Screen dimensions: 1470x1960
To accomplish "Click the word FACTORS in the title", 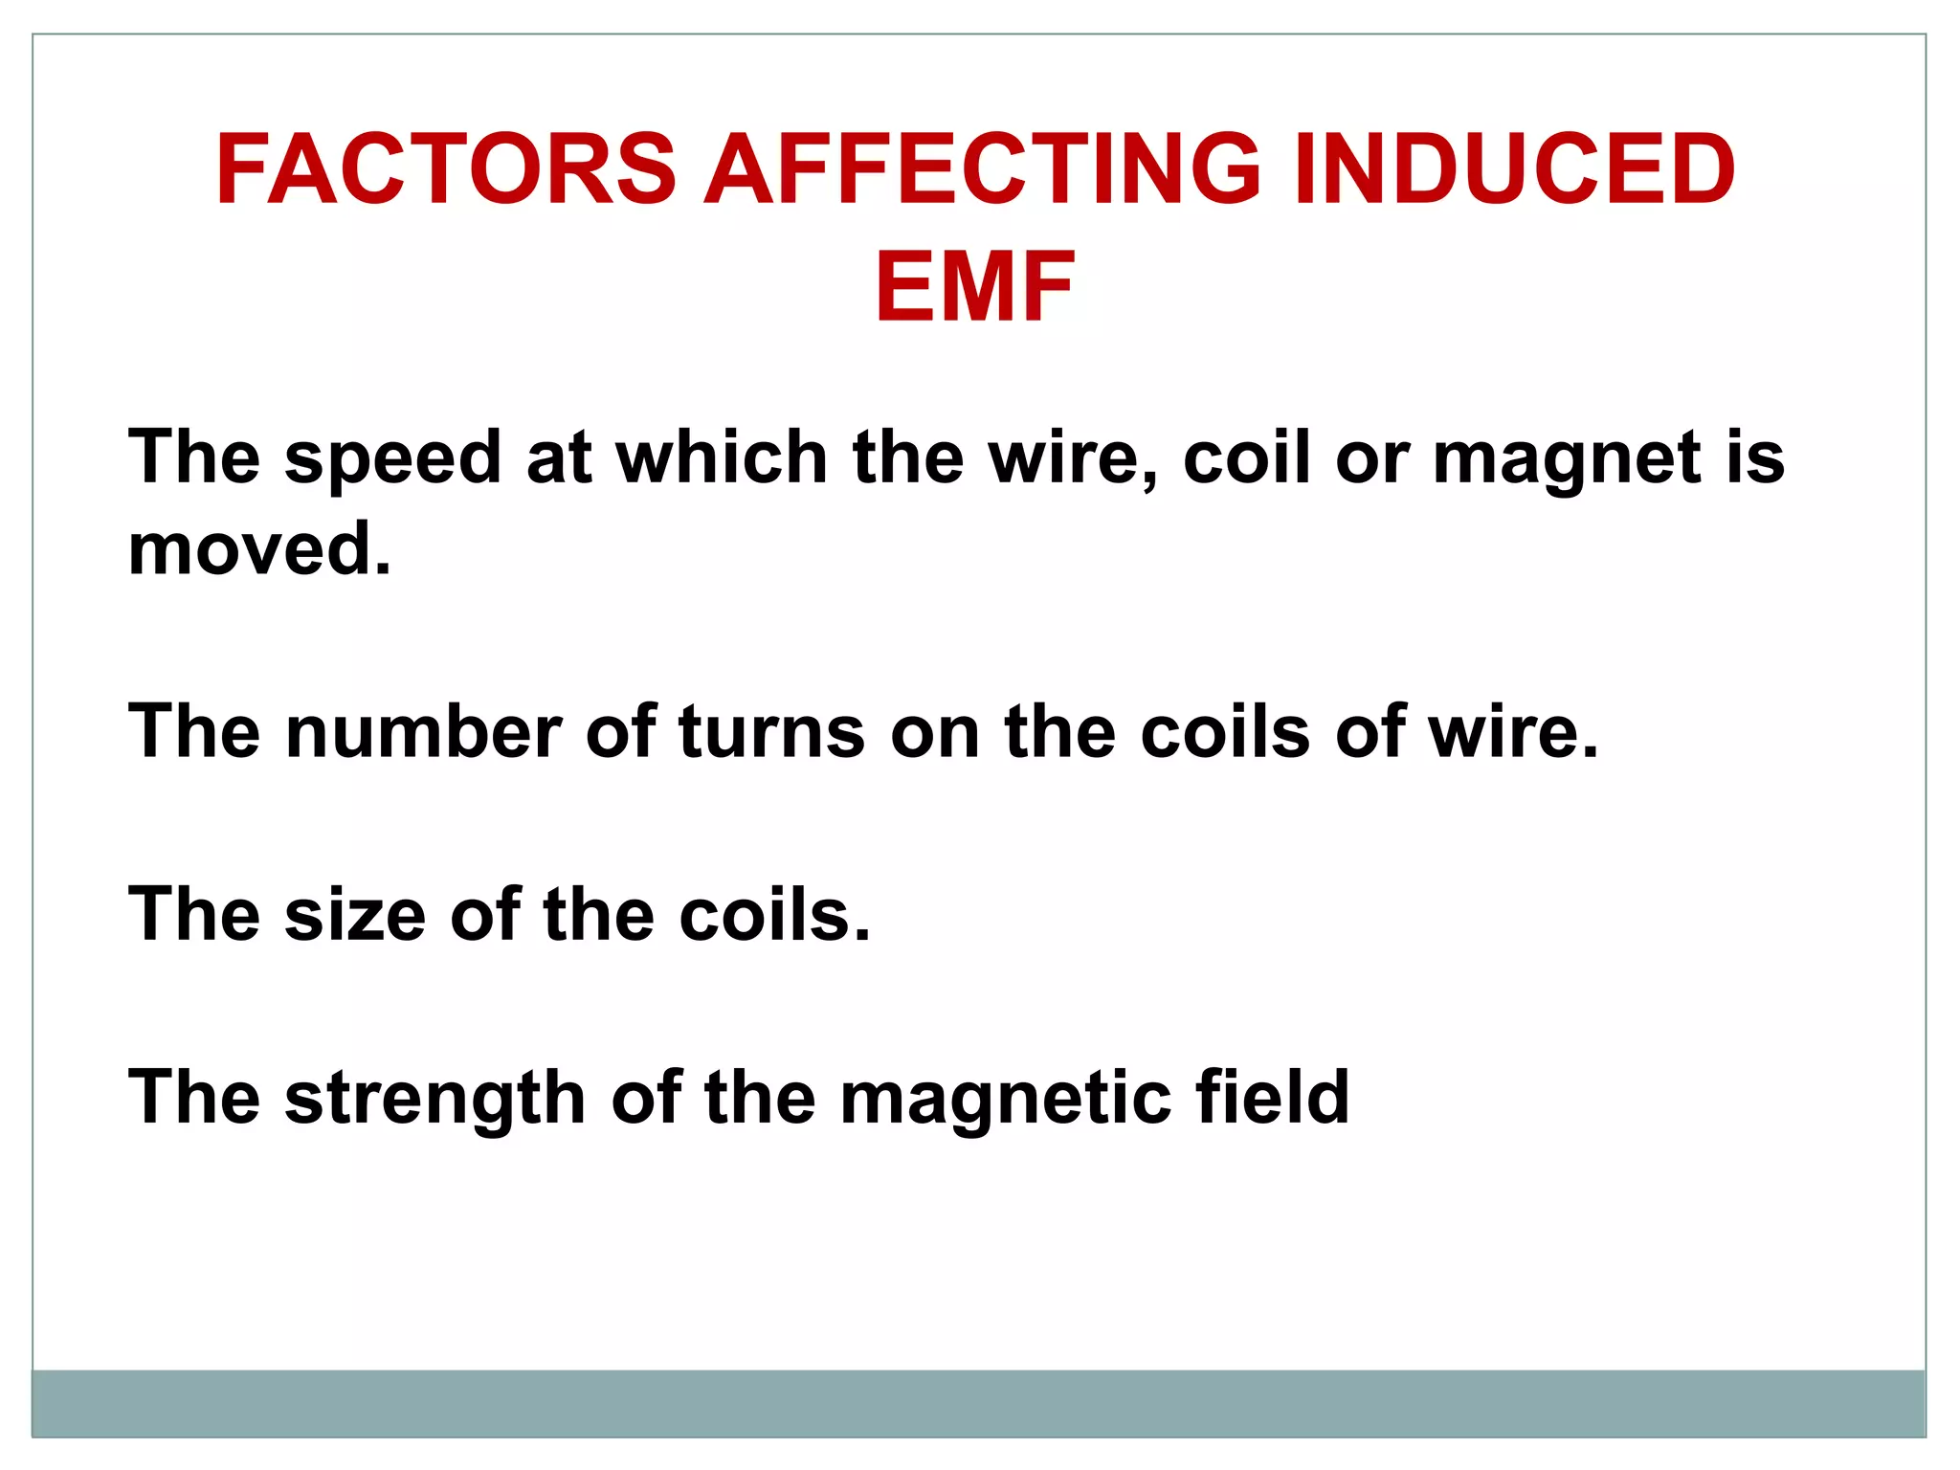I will tap(446, 169).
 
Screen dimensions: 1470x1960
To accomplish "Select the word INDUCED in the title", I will tap(1514, 169).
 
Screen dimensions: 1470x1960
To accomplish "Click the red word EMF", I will tap(975, 287).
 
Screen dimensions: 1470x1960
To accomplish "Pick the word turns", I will tap(771, 732).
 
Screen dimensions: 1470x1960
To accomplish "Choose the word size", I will tap(354, 915).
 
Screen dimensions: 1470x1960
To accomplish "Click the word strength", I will tap(434, 1099).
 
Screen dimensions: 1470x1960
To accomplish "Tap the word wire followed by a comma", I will tap(1064, 457).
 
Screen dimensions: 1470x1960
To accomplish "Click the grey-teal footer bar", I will tap(978, 1403).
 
